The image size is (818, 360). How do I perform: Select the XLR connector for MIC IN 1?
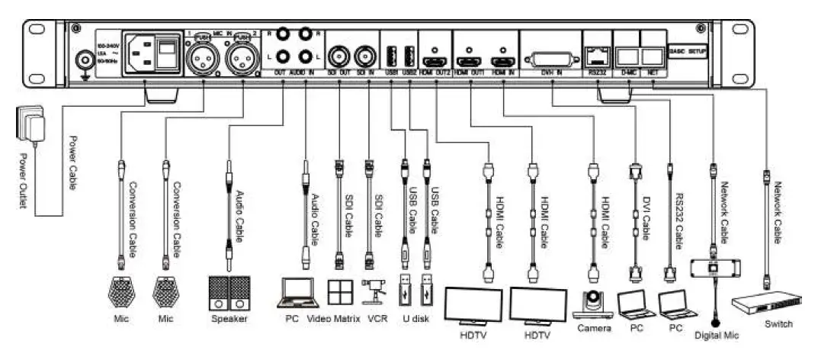click(202, 53)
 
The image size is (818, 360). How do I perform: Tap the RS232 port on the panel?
click(597, 55)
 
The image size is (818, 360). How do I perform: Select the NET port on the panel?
click(653, 55)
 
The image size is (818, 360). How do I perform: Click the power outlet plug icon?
click(30, 123)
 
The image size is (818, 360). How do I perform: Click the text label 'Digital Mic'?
click(715, 333)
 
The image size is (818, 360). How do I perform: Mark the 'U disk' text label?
click(415, 319)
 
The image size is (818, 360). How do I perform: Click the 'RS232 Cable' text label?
click(678, 220)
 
